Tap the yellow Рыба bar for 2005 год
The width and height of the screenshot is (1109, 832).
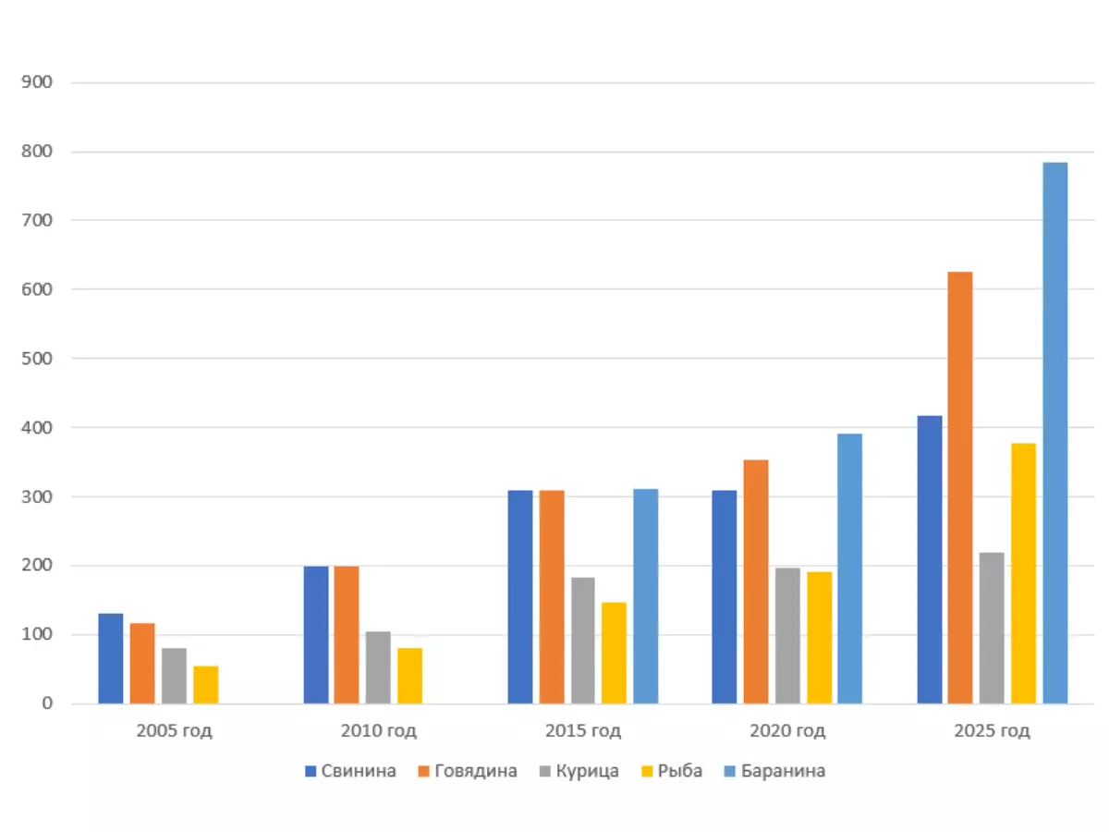pos(206,684)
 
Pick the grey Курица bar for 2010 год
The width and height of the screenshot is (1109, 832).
pos(378,667)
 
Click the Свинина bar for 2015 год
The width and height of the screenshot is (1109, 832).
pos(520,596)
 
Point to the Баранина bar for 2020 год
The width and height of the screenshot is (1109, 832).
pos(849,569)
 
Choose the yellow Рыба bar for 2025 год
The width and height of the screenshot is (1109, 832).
pos(1023,573)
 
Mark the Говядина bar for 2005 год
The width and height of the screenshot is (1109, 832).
pos(142,663)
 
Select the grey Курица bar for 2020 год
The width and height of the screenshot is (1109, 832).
pos(787,635)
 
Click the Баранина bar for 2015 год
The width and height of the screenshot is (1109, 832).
pos(645,596)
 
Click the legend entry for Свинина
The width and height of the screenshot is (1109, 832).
pos(350,771)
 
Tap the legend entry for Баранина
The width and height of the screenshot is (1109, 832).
pos(774,771)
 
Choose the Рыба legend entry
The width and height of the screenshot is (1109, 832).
pos(671,771)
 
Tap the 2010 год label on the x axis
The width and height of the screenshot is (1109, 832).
pos(379,730)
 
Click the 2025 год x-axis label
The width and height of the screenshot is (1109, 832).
pos(992,730)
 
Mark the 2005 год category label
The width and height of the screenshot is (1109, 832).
pos(175,730)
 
